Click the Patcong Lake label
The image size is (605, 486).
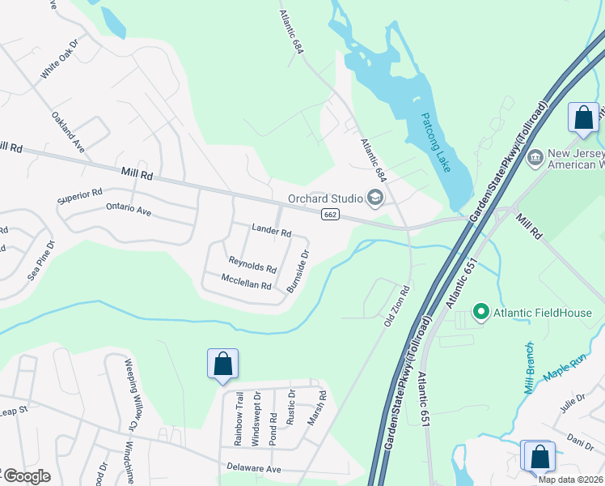pyautogui.click(x=435, y=147)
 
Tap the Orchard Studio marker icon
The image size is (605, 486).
pyautogui.click(x=374, y=198)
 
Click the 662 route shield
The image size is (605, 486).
pyautogui.click(x=329, y=214)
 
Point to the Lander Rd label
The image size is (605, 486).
pyautogui.click(x=271, y=231)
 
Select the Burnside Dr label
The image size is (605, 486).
pyautogui.click(x=298, y=271)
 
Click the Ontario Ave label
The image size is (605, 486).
pyautogui.click(x=129, y=210)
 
